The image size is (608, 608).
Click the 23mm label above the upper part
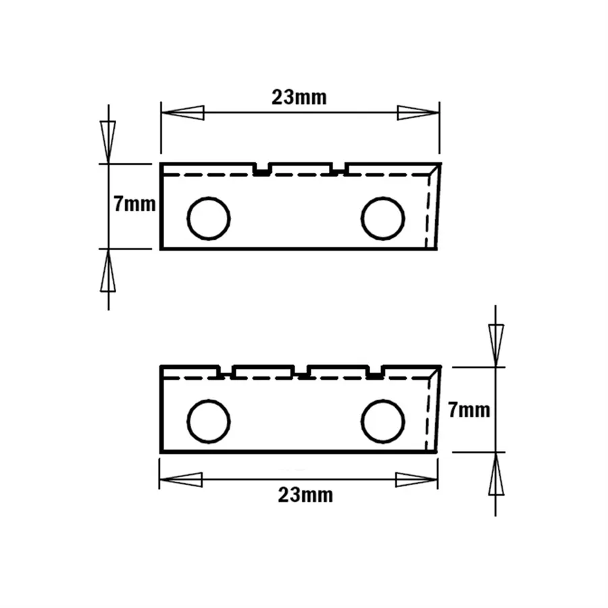pyautogui.click(x=299, y=97)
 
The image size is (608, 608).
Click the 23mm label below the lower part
pyautogui.click(x=305, y=495)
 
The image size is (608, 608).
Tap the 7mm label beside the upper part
pyautogui.click(x=134, y=204)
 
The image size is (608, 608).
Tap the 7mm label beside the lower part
pyautogui.click(x=469, y=410)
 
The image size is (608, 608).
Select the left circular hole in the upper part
pyautogui.click(x=209, y=218)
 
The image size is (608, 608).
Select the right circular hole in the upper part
pyautogui.click(x=383, y=218)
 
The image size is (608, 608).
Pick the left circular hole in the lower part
pyautogui.click(x=209, y=421)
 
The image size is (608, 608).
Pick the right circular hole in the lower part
pyautogui.click(x=383, y=421)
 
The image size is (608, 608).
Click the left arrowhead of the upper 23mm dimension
pyautogui.click(x=182, y=112)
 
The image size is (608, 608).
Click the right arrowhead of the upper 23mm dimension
pyautogui.click(x=418, y=113)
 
